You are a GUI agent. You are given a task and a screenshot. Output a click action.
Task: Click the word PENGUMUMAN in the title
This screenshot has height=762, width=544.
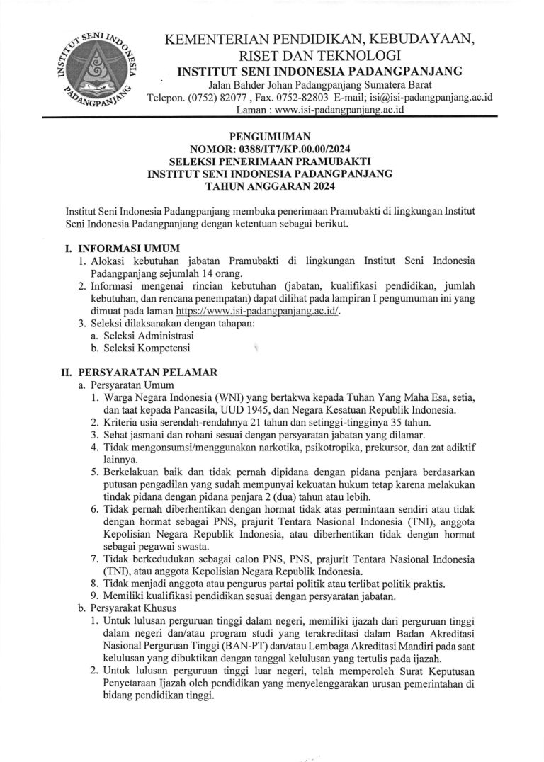271,137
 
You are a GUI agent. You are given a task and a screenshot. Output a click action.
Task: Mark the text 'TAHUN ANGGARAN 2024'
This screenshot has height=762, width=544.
271,186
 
